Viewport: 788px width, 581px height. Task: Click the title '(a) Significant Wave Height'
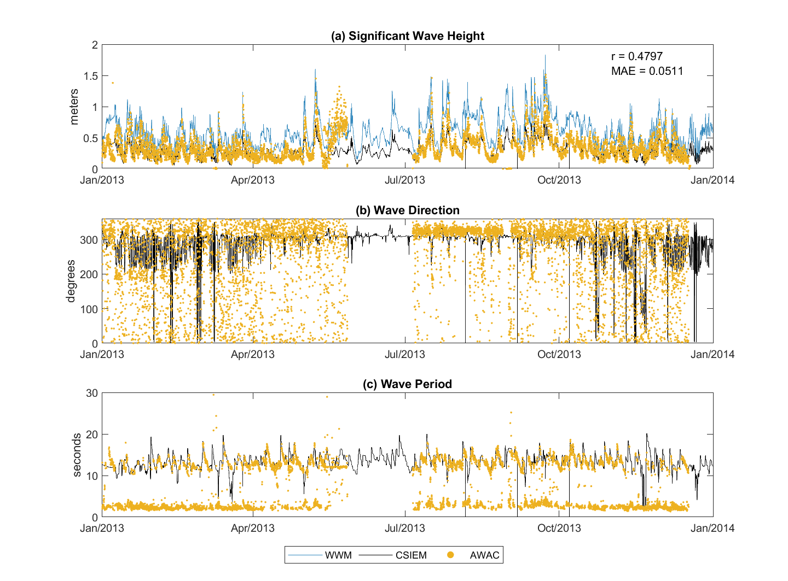[x=408, y=36]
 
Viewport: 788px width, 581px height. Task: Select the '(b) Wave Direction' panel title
[x=408, y=210]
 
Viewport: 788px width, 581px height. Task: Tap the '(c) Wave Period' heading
[x=408, y=384]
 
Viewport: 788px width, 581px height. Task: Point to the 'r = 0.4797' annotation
[x=637, y=56]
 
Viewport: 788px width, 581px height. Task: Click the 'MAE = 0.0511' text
[x=647, y=71]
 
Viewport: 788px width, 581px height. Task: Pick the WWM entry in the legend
[x=338, y=555]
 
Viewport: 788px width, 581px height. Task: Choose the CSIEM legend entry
[x=410, y=555]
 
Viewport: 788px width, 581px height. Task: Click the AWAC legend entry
[x=484, y=555]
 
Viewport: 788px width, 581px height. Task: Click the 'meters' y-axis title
[x=75, y=107]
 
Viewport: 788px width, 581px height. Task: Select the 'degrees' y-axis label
[x=71, y=281]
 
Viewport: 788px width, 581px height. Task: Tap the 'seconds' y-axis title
[x=77, y=455]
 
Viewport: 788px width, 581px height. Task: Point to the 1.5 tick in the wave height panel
[x=91, y=76]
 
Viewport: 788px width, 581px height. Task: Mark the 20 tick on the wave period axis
[x=92, y=435]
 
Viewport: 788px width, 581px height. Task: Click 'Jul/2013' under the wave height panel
[x=405, y=180]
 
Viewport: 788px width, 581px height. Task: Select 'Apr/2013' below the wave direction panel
[x=252, y=354]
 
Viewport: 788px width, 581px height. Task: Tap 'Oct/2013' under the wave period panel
[x=559, y=528]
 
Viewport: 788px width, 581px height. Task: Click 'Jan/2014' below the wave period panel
[x=712, y=528]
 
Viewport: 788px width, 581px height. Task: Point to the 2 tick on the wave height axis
[x=95, y=45]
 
